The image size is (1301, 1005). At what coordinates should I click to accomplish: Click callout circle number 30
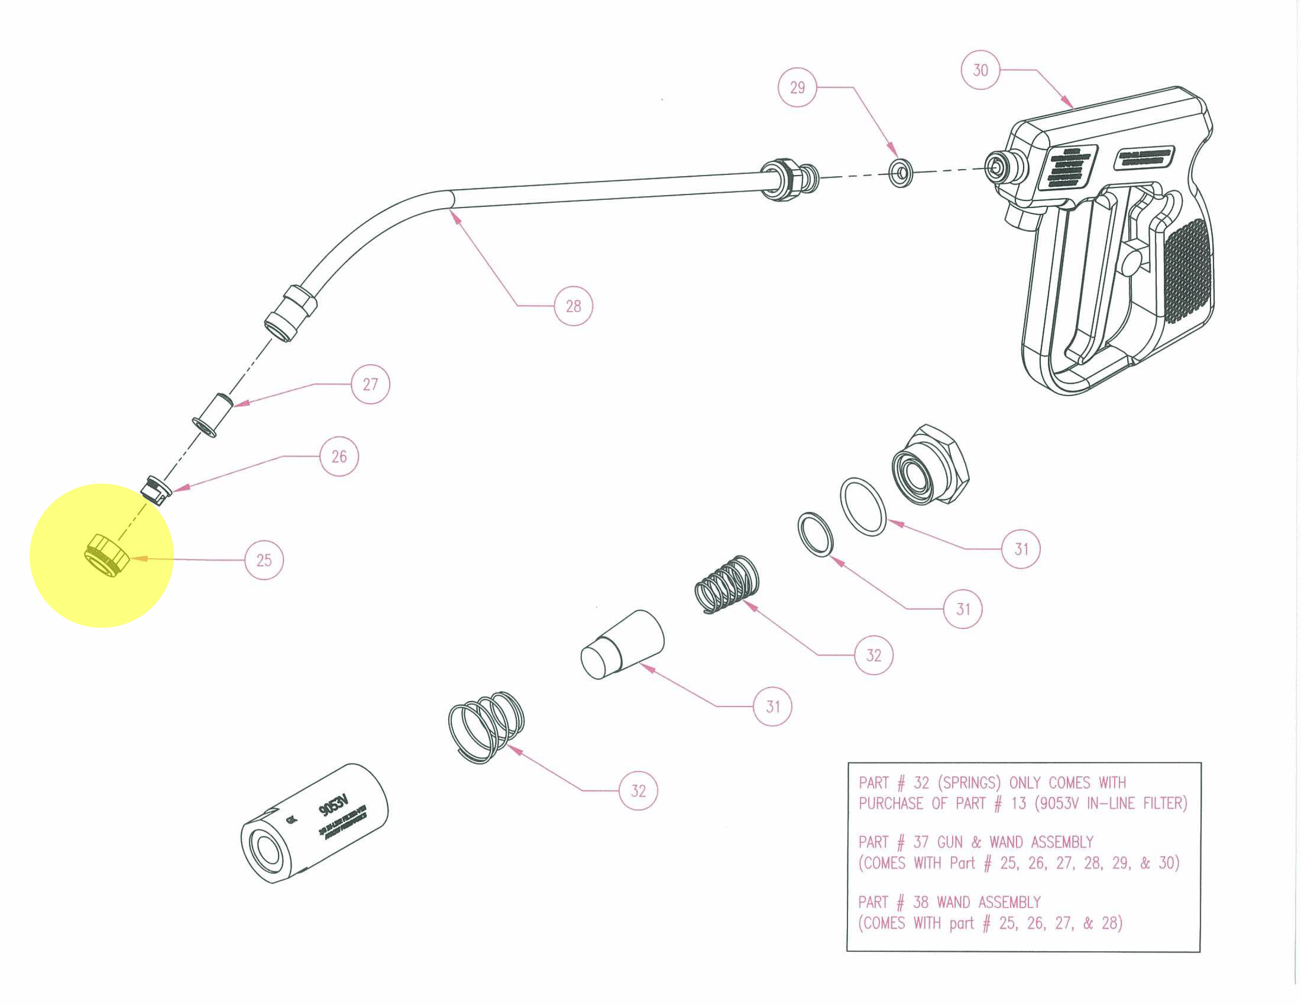pyautogui.click(x=980, y=70)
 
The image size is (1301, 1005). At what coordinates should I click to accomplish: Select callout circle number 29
pyautogui.click(x=797, y=87)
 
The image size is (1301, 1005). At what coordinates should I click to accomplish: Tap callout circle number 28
pyautogui.click(x=573, y=306)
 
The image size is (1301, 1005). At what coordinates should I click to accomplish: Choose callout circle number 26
pyautogui.click(x=339, y=457)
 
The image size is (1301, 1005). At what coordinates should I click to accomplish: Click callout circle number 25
pyautogui.click(x=264, y=560)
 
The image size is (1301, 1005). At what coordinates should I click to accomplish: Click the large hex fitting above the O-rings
pyautogui.click(x=930, y=466)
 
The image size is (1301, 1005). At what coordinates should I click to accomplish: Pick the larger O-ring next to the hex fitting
pyautogui.click(x=863, y=506)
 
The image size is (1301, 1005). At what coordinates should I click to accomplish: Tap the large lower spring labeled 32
pyautogui.click(x=486, y=726)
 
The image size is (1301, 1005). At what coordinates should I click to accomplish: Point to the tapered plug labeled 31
pyautogui.click(x=623, y=645)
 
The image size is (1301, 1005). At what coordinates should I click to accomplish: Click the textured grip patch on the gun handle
pyautogui.click(x=1187, y=271)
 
